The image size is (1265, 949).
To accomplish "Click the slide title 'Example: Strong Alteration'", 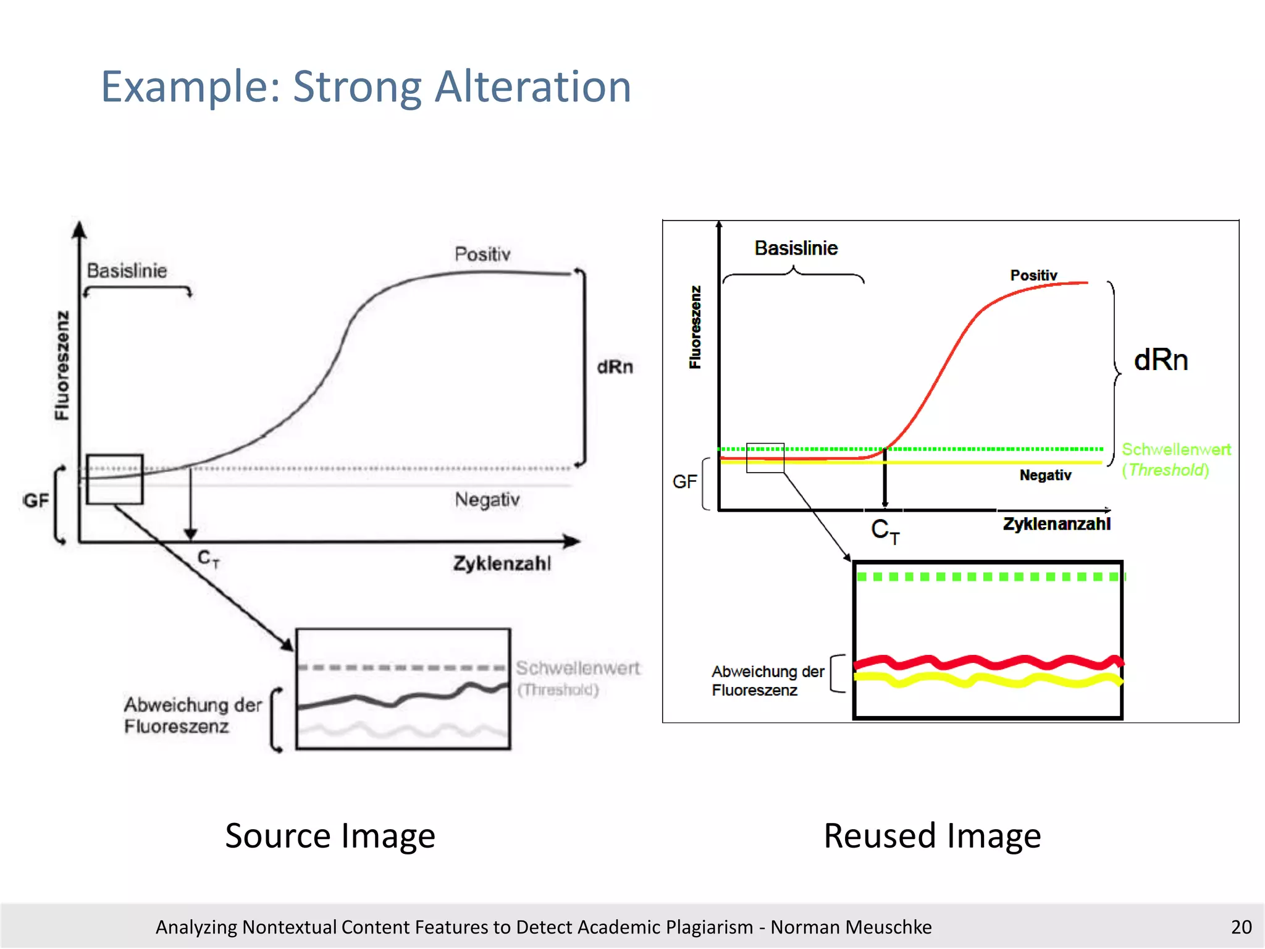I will point(366,86).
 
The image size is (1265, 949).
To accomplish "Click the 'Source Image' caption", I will point(330,836).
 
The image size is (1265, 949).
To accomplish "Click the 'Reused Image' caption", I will point(932,836).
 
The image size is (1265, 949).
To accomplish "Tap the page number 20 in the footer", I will point(1240,927).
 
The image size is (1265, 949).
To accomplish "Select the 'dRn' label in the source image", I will point(615,367).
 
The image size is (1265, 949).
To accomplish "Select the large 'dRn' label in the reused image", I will point(1161,360).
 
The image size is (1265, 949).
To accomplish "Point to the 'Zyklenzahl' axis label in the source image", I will point(502,563).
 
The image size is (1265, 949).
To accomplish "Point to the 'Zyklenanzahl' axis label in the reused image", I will point(1056,524).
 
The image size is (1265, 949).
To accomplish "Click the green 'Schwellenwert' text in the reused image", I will point(1175,449).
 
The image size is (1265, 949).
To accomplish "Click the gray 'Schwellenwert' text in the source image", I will point(578,668).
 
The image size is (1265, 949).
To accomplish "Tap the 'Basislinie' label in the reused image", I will point(796,248).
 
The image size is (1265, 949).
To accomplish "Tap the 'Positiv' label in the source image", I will point(482,254).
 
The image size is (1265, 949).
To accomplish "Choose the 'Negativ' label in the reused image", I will point(1045,475).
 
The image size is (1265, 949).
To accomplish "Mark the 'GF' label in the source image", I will point(36,500).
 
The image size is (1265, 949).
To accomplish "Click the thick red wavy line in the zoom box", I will point(988,663).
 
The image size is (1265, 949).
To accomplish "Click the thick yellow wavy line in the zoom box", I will point(988,680).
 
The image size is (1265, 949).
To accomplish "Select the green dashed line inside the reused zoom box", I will point(988,577).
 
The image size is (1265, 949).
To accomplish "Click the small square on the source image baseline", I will point(115,479).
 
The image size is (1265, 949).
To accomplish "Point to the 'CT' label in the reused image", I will point(885,531).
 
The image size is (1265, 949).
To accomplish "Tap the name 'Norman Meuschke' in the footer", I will point(851,927).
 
